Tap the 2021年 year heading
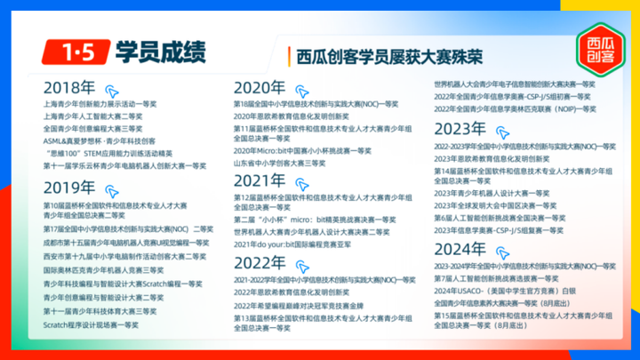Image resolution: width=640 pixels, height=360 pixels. [x=260, y=181]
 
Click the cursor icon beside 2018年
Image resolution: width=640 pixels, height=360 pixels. [x=112, y=91]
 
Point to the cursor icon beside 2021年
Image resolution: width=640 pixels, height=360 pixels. [x=303, y=183]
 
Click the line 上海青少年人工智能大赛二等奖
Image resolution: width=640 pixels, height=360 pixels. [x=92, y=116]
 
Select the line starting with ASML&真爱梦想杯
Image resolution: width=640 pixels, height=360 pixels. [x=99, y=140]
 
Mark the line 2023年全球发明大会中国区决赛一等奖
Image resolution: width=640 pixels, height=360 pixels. [x=495, y=205]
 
